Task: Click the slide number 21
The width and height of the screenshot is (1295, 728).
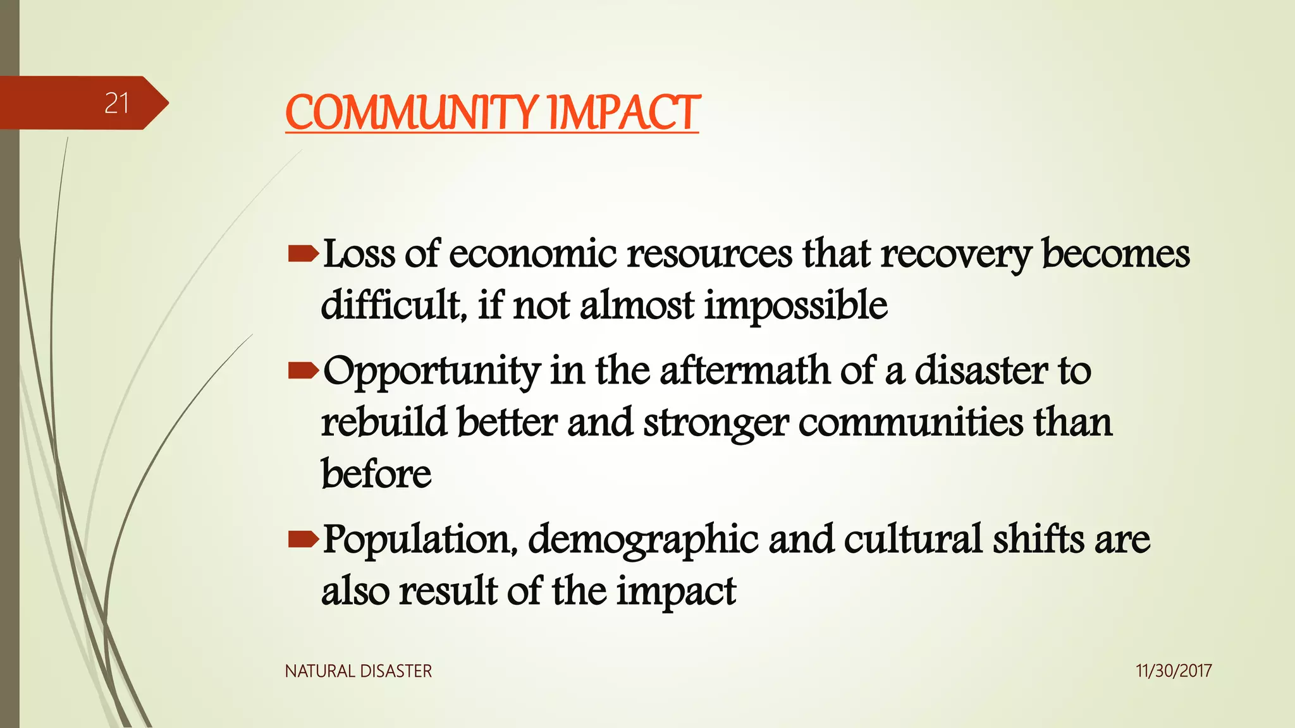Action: [116, 103]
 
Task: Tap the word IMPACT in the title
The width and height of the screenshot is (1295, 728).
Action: [623, 113]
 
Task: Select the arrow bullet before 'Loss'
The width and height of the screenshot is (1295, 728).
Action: [303, 254]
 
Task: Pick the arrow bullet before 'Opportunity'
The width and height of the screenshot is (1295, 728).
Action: [303, 371]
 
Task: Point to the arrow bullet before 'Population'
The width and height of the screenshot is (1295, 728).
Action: [303, 539]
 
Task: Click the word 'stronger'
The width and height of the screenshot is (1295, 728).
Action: [715, 424]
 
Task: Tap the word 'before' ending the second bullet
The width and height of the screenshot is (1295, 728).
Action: [376, 474]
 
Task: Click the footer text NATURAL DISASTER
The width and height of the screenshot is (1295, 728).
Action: [358, 671]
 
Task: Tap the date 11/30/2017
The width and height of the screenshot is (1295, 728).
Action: [1173, 671]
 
